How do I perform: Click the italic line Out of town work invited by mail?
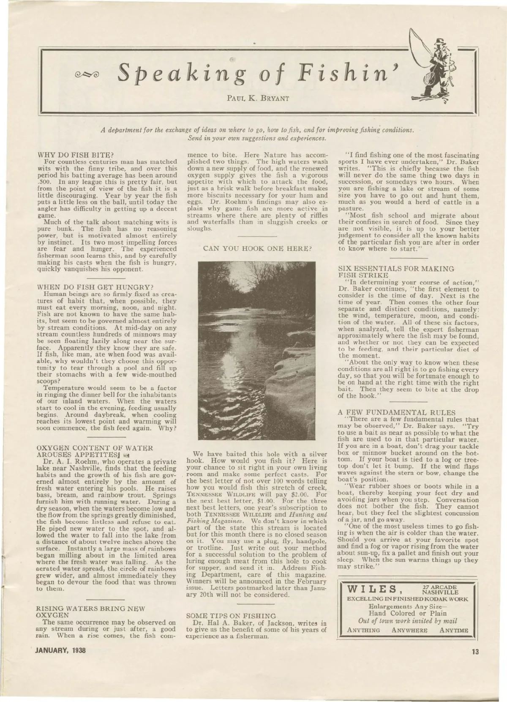(x=408, y=621)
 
